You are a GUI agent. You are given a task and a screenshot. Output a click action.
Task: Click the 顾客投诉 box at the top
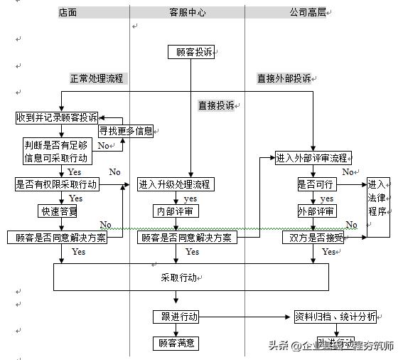(x=190, y=52)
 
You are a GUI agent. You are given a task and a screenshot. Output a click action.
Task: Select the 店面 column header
(x=68, y=13)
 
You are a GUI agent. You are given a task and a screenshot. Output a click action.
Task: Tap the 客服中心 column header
(x=188, y=13)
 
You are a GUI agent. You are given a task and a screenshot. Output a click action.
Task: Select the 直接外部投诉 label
(x=284, y=78)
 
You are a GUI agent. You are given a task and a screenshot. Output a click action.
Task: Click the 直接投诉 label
(x=216, y=105)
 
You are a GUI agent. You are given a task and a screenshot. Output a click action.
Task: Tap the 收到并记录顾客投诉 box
(x=57, y=117)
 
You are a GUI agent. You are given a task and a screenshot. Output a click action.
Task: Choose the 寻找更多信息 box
(x=125, y=131)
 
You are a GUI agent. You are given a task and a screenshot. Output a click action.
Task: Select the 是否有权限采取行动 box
(x=56, y=184)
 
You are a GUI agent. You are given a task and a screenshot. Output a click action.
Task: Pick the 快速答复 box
(x=58, y=211)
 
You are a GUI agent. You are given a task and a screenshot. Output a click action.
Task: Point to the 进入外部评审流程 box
(x=312, y=158)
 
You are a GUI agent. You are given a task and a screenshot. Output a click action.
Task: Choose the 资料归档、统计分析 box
(x=335, y=317)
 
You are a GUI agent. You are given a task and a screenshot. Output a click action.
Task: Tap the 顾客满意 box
(x=176, y=344)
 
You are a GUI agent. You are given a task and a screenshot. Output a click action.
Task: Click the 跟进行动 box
(x=176, y=317)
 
